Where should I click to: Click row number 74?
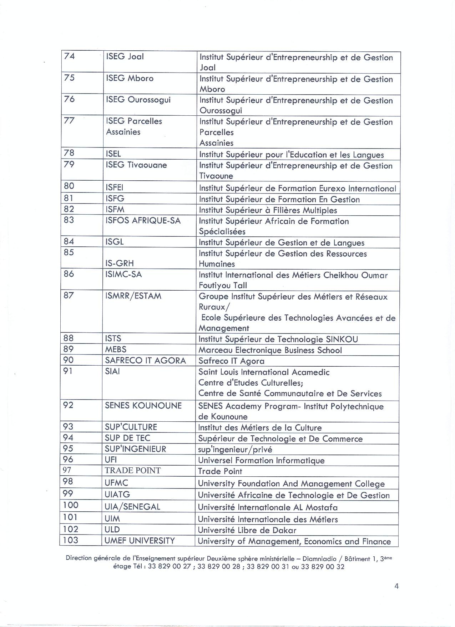(x=69, y=56)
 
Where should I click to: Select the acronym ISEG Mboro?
(x=130, y=78)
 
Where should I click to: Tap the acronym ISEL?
(x=113, y=154)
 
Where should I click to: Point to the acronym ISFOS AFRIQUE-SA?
(x=143, y=221)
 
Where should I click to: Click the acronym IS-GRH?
(x=120, y=264)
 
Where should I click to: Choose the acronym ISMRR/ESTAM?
(x=133, y=296)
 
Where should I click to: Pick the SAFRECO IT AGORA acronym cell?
(x=145, y=361)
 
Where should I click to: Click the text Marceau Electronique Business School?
(x=270, y=350)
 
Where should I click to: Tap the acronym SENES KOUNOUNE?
(x=143, y=406)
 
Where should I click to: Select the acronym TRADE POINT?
(x=133, y=471)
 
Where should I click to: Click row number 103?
(x=70, y=540)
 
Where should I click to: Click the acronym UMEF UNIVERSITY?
(x=140, y=541)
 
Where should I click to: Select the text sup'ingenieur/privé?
(x=235, y=450)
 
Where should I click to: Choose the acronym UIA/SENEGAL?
(x=132, y=507)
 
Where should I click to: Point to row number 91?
(x=68, y=371)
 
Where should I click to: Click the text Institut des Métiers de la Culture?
(x=260, y=428)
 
